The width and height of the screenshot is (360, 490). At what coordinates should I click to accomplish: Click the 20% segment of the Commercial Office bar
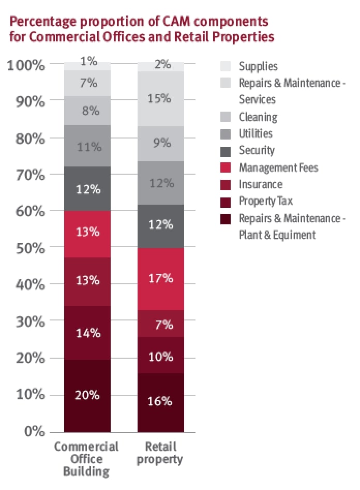(87, 395)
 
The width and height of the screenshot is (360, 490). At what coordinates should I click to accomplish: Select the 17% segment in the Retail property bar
(160, 279)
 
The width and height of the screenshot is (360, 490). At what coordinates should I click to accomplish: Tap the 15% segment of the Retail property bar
(160, 98)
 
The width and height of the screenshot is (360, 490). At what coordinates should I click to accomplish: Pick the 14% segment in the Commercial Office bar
(87, 333)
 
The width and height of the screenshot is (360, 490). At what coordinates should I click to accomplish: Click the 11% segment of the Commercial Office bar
(87, 146)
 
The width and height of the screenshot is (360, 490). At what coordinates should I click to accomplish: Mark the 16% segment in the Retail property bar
(160, 402)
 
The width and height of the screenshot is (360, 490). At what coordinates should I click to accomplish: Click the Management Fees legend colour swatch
(226, 167)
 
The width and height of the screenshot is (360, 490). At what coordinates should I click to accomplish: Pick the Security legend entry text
(257, 150)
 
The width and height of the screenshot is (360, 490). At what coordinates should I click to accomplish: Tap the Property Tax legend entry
(265, 201)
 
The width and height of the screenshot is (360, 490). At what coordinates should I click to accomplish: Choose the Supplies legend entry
(258, 66)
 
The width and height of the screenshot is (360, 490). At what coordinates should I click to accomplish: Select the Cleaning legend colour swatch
(226, 117)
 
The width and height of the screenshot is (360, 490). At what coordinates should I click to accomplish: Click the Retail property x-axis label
(160, 453)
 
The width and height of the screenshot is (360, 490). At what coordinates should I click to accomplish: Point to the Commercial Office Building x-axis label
(86, 458)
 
